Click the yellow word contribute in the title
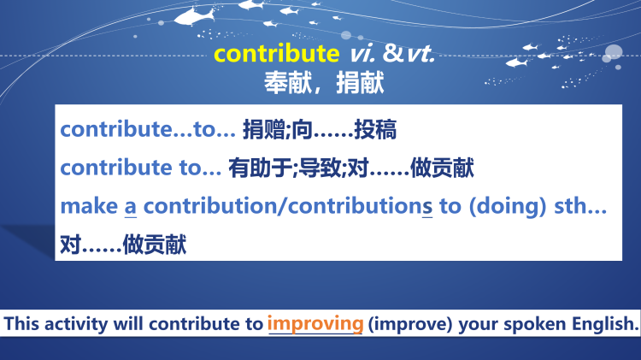pyautogui.click(x=276, y=54)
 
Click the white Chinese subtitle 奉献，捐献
pyautogui.click(x=324, y=82)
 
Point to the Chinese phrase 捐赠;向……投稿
pyautogui.click(x=320, y=130)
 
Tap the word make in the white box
pyautogui.click(x=89, y=207)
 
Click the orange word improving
pyautogui.click(x=315, y=324)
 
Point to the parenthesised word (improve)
pyautogui.click(x=411, y=325)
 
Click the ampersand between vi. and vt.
pyautogui.click(x=392, y=54)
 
